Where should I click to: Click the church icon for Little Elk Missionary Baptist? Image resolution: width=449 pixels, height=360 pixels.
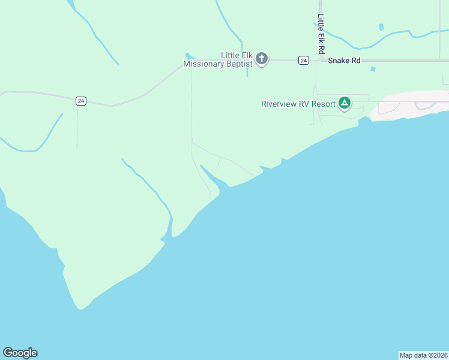click(262, 59)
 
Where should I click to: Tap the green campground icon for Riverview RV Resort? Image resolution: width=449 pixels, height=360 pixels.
click(345, 103)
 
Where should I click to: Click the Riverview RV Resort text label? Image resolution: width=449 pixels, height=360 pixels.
click(298, 104)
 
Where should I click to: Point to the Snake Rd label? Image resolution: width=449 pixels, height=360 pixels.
click(344, 60)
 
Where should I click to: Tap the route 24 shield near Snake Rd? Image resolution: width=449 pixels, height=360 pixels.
click(304, 60)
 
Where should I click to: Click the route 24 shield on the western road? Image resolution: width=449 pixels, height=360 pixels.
click(81, 101)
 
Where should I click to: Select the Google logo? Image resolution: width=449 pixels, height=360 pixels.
click(20, 353)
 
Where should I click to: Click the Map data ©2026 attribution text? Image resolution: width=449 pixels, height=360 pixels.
click(423, 355)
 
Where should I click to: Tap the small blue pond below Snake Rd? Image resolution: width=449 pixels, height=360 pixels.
click(373, 69)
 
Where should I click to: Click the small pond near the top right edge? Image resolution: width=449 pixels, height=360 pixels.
click(381, 27)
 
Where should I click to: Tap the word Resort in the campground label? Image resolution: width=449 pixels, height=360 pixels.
click(322, 104)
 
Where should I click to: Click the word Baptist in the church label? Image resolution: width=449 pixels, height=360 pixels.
click(235, 64)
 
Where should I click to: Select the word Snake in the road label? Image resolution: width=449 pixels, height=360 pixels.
click(336, 60)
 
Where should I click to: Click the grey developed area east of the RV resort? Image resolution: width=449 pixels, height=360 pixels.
click(408, 103)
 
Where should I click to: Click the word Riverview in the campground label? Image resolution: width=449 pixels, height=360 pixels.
click(281, 104)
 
